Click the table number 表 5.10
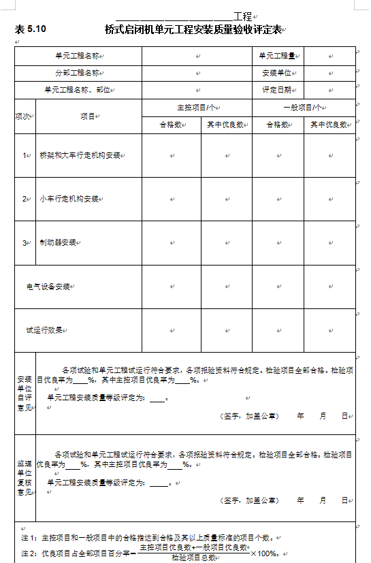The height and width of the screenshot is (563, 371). (30, 29)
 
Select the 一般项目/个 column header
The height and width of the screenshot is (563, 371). (303, 108)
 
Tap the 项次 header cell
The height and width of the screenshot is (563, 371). (24, 116)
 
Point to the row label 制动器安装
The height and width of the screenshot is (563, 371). (58, 242)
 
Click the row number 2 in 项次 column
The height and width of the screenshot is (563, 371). (24, 199)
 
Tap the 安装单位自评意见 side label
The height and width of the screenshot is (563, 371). (25, 393)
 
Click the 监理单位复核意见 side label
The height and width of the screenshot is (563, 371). (25, 477)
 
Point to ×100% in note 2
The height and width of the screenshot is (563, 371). (265, 553)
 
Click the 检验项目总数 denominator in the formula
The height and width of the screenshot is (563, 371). (194, 558)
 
